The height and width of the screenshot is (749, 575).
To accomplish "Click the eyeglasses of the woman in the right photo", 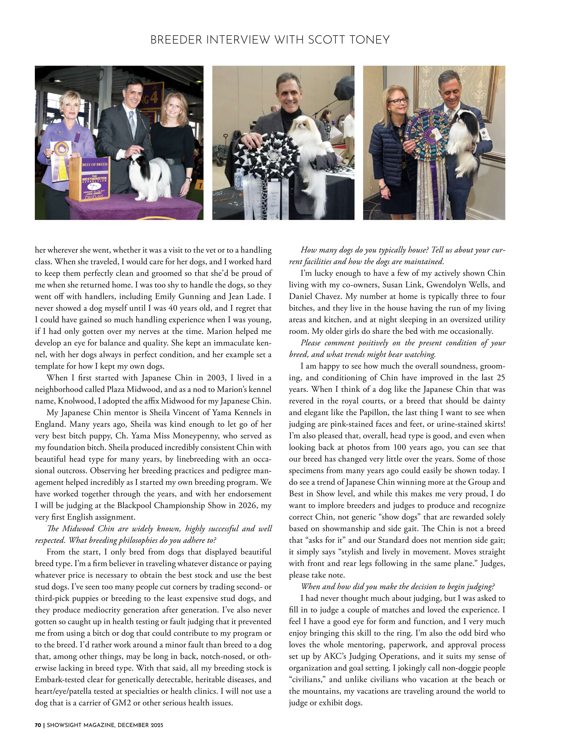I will coord(399,101).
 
